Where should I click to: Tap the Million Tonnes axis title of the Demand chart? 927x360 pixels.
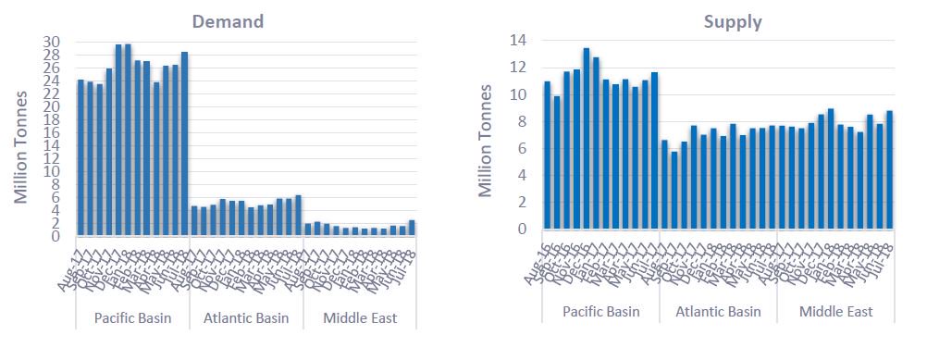click(23, 139)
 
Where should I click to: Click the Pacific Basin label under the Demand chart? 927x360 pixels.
click(131, 318)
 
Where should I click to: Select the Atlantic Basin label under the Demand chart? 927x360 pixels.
click(245, 318)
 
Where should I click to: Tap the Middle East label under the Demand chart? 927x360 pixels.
click(360, 318)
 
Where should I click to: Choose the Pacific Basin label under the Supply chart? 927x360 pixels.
click(600, 311)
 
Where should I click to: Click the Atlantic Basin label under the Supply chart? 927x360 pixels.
click(718, 311)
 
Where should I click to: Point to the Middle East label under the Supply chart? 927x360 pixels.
click(835, 311)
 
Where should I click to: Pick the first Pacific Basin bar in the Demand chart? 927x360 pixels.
click(80, 157)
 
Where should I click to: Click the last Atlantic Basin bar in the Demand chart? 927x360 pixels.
click(298, 216)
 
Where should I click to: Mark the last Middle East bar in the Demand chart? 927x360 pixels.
click(412, 228)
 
